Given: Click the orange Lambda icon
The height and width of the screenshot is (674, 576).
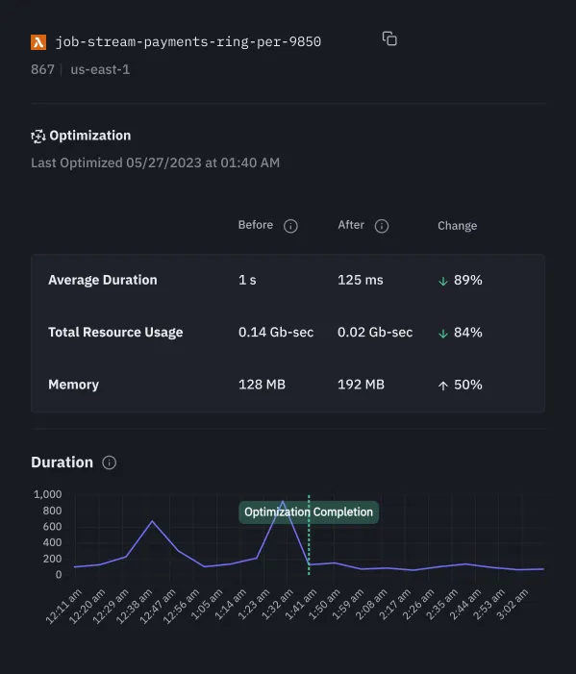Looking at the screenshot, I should click(38, 42).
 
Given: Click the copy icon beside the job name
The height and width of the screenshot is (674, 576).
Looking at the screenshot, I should click(389, 38).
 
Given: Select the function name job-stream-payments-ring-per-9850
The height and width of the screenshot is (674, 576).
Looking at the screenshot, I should click(188, 42).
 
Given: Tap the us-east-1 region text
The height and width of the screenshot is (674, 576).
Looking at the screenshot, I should click(100, 69).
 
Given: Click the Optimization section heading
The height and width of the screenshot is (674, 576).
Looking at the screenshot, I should click(89, 136).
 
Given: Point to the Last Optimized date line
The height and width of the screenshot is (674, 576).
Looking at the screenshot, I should click(155, 162).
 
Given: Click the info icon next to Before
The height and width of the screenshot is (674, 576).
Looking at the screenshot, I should click(290, 226).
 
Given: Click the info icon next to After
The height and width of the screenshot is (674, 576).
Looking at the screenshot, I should click(381, 226).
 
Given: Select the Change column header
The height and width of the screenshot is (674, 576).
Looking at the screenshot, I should click(457, 226).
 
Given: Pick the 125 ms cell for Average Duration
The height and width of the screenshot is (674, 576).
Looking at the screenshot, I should click(360, 280).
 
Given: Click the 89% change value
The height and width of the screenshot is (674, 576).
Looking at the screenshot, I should click(467, 280).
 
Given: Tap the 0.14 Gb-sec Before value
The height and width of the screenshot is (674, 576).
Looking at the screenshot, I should click(276, 332).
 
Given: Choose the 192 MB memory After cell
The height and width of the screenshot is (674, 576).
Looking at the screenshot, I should click(361, 385).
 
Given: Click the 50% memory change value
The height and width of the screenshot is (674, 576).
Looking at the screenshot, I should click(467, 385).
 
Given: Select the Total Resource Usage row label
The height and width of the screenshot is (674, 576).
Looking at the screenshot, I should click(115, 332).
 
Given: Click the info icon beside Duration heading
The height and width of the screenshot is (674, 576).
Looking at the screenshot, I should click(110, 462).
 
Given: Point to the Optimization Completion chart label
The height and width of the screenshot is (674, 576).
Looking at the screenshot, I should click(308, 512).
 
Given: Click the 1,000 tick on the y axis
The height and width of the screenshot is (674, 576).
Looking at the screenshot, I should click(47, 494).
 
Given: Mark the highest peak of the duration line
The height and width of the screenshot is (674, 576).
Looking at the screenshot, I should click(282, 501).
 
